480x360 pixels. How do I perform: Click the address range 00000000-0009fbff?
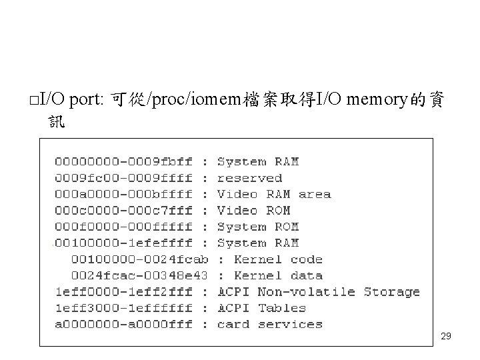[x=123, y=162]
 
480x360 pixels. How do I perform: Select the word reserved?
[x=249, y=178]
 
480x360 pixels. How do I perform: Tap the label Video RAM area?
[x=274, y=195]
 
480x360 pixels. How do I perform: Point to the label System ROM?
[x=258, y=227]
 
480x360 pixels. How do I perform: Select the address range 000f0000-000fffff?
[x=123, y=227]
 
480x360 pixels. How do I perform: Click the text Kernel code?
[x=278, y=259]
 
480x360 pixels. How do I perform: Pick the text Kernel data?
[x=278, y=275]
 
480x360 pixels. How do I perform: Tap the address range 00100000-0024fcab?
[x=139, y=259]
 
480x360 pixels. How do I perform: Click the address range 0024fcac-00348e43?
[x=139, y=275]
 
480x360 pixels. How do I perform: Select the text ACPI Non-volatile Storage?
[x=319, y=292]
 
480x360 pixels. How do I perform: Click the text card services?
[x=270, y=325]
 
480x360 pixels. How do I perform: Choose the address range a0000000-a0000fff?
[x=123, y=325]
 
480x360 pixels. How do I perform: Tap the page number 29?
[x=446, y=337]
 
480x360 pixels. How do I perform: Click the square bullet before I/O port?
[x=33, y=101]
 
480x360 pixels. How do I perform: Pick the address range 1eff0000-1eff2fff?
[x=123, y=292]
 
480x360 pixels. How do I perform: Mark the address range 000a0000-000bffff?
[x=123, y=195]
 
